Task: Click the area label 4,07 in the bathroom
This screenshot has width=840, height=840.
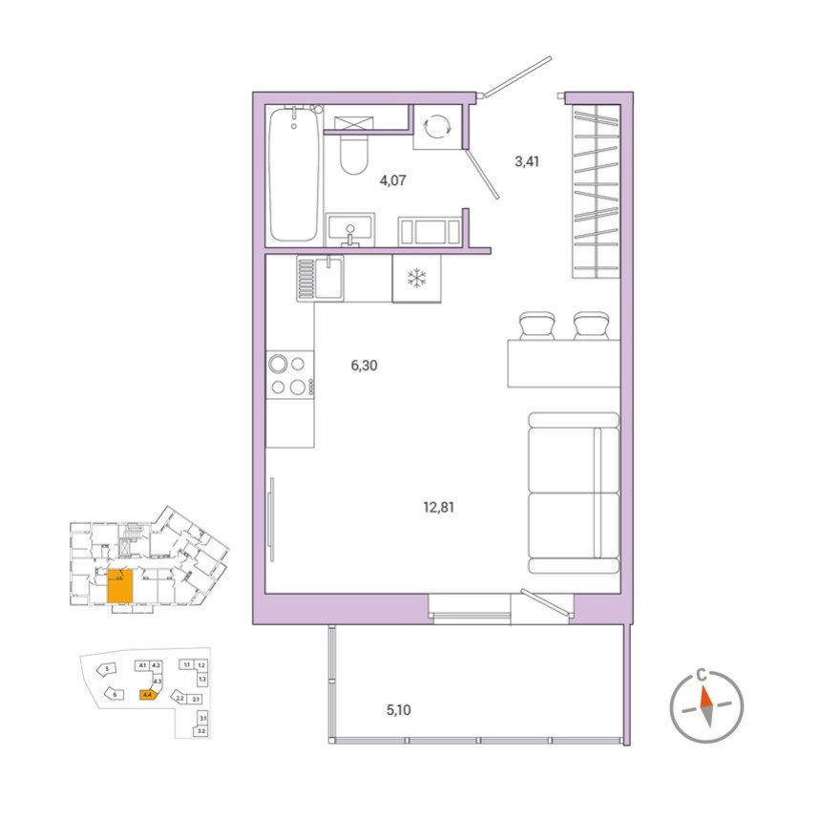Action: coord(393,179)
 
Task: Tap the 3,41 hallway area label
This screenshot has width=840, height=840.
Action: coord(527,161)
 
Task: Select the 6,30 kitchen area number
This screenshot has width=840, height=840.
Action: coord(365,365)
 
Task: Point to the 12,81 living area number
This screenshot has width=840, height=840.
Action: coord(439,507)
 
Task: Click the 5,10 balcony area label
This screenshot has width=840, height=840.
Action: coord(400,709)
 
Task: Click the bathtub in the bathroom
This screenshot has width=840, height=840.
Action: coord(294,175)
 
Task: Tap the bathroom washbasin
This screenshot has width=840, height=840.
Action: coord(350,230)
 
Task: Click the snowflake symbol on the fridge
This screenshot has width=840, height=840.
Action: coord(416,279)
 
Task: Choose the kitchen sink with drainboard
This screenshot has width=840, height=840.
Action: coord(319,278)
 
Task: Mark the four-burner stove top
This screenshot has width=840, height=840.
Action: coord(289,375)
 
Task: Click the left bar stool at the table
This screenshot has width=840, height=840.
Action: coord(536,325)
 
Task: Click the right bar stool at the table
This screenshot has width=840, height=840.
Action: coord(591,325)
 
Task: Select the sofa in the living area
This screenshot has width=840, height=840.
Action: coord(573,493)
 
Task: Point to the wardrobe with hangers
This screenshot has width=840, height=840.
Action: coord(597,191)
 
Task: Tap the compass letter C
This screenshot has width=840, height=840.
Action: coord(703,675)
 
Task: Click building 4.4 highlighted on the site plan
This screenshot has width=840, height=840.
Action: coord(146,695)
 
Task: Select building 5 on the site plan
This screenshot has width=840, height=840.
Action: coord(109,669)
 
